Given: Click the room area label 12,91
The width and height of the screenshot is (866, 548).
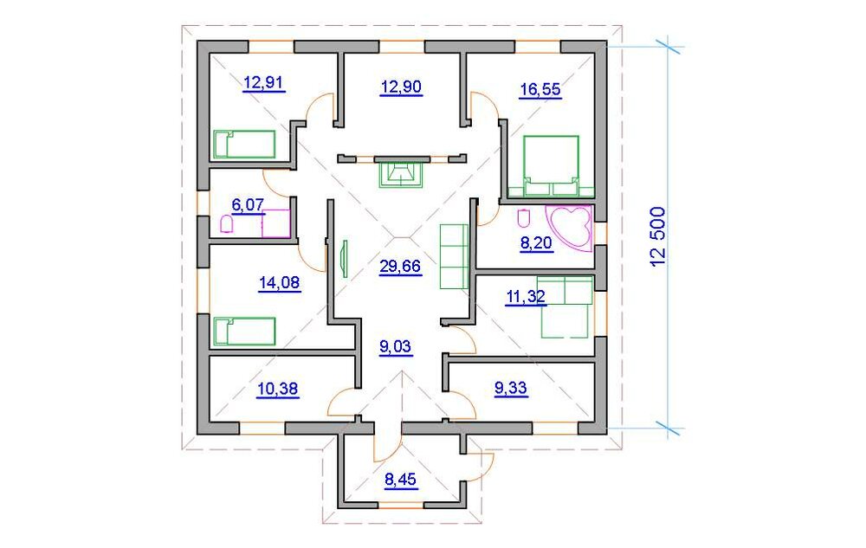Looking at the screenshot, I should pyautogui.click(x=264, y=83).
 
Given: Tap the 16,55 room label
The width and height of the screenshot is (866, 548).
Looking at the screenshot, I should pyautogui.click(x=540, y=88).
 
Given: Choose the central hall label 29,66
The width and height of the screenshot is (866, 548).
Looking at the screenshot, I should pyautogui.click(x=400, y=266).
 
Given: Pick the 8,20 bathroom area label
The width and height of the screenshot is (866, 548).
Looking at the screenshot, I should pyautogui.click(x=536, y=244).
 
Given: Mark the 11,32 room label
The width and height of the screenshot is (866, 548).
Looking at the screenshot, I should pyautogui.click(x=526, y=298).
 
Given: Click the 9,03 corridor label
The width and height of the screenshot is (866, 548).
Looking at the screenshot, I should pyautogui.click(x=396, y=347).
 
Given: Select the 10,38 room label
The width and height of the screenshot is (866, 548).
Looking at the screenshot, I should pyautogui.click(x=278, y=389).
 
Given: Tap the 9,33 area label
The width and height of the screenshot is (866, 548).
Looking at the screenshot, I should pyautogui.click(x=510, y=389).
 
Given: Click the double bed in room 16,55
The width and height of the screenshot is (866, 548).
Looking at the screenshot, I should pyautogui.click(x=552, y=165).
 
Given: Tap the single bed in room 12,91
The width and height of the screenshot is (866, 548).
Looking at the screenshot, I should pyautogui.click(x=244, y=144).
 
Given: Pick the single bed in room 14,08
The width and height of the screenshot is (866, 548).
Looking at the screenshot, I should pyautogui.click(x=244, y=331).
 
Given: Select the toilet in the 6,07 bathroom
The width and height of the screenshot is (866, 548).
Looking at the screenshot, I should pyautogui.click(x=227, y=224).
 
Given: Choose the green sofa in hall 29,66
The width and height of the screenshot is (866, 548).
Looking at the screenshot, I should pyautogui.click(x=453, y=256).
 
